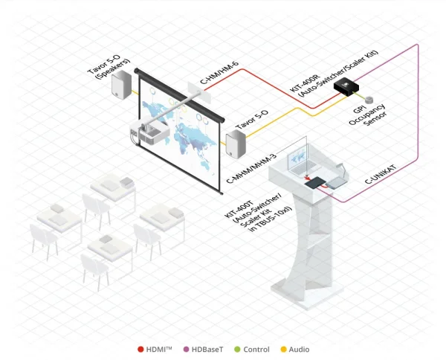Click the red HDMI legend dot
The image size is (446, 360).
click(x=140, y=349)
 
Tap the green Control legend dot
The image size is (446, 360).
click(x=236, y=349)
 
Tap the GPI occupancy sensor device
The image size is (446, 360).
click(x=368, y=98)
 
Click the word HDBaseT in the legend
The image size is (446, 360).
click(x=207, y=349)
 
